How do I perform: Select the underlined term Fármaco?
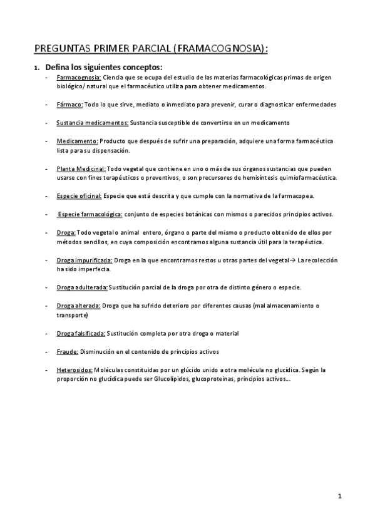69,104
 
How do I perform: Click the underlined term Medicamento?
77,142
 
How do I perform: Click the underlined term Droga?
66,233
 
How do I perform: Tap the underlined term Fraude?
67,351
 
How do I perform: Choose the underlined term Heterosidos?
74,370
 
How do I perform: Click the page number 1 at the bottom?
339,497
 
